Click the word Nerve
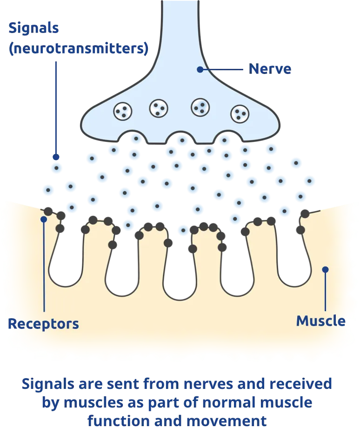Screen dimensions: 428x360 270,69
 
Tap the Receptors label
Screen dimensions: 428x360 43,323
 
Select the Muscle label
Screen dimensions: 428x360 320,321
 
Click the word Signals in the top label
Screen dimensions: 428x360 33,28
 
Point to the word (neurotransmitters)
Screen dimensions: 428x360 78,49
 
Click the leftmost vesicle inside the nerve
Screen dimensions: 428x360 123,110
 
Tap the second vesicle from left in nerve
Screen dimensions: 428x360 159,108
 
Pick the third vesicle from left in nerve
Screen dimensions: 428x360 200,107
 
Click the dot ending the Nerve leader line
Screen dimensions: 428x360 200,69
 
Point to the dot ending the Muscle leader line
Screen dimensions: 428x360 325,269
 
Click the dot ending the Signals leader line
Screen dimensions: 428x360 56,157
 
